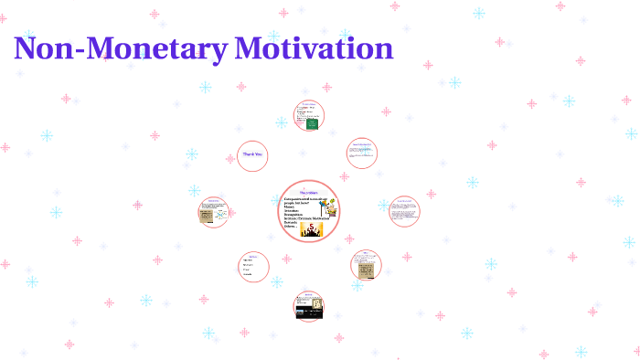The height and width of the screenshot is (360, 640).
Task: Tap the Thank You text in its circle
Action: pos(252,154)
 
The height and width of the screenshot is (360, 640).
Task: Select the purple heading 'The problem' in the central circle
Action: pos(307,192)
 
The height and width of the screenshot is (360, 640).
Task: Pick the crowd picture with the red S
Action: pos(313,228)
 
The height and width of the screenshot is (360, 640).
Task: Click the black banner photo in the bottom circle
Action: pos(305,312)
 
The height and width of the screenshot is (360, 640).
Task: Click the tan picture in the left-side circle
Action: pos(208,216)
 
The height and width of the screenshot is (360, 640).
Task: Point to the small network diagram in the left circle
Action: pos(221,211)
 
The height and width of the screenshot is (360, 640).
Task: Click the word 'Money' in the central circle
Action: pos(289,206)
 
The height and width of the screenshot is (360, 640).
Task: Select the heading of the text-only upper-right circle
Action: pos(361,144)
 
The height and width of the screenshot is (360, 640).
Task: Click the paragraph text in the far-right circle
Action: pos(403,210)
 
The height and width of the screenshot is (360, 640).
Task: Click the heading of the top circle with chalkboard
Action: pos(308,104)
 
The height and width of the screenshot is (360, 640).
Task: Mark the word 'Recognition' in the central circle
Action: pos(294,215)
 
